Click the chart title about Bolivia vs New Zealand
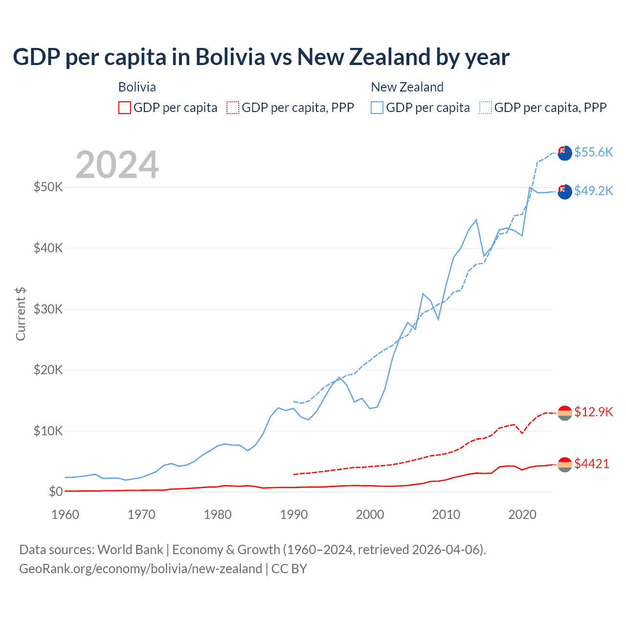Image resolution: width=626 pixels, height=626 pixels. (261, 57)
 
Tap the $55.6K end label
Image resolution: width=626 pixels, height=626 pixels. (593, 152)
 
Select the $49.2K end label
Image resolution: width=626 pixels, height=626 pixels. (593, 191)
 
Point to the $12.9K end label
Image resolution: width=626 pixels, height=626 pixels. (593, 412)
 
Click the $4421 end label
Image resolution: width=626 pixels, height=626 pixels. (592, 464)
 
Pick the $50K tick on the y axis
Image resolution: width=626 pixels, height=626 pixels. (48, 187)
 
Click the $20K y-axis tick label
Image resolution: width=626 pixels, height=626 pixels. (48, 370)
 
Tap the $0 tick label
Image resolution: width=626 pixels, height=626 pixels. (56, 492)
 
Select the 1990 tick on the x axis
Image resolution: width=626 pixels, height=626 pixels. (294, 514)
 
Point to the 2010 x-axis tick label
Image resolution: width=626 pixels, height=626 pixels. (446, 514)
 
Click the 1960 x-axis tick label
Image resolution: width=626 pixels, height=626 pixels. (66, 514)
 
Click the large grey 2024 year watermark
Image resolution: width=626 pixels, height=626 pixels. (117, 165)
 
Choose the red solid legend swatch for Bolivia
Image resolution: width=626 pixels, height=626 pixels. (125, 108)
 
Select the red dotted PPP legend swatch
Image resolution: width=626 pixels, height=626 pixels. (233, 108)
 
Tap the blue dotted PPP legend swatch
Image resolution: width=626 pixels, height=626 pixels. (486, 108)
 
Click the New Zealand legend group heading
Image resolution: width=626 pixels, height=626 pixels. (407, 87)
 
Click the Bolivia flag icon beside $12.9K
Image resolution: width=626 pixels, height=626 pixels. (565, 413)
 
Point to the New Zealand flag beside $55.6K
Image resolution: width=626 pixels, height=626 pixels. (565, 153)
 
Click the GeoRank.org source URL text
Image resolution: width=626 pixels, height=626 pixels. (141, 569)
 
